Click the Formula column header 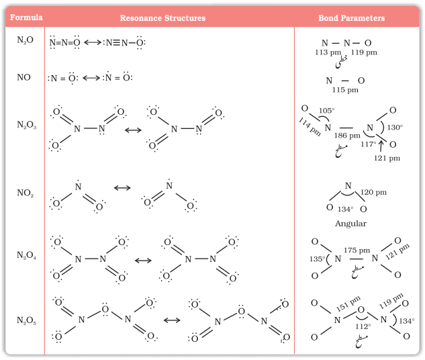tap(26, 17)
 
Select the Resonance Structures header tap(162, 18)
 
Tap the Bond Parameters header tap(352, 18)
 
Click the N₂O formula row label tap(25, 40)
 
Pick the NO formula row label tap(24, 77)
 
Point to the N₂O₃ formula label tap(27, 125)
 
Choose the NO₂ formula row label tap(26, 193)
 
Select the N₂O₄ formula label tap(26, 255)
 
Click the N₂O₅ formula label tap(26, 320)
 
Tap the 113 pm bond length tap(328, 52)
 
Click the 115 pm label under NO tap(345, 90)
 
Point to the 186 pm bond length tap(347, 135)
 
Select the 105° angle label tap(326, 111)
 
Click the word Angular tap(350, 224)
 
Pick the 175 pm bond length tap(357, 251)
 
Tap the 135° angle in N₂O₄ tap(317, 259)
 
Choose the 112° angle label tap(363, 326)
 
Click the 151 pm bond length tap(348, 304)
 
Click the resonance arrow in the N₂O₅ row tap(172, 320)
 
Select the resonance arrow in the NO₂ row tap(122, 188)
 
